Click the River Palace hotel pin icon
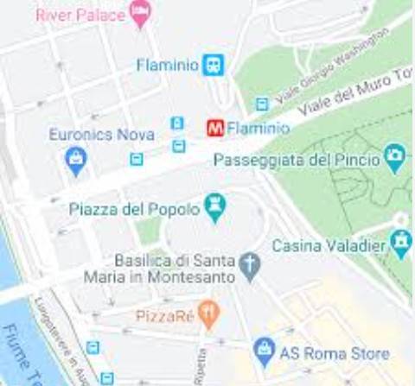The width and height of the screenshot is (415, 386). [139, 12]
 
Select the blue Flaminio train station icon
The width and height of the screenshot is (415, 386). [213, 64]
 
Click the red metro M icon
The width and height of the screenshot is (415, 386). [215, 128]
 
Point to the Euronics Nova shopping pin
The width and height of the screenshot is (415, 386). [76, 159]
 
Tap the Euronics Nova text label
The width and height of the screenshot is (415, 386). [101, 135]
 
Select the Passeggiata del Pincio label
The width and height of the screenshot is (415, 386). [297, 160]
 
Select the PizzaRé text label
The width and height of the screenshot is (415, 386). [164, 316]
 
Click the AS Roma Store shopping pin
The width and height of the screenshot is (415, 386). [264, 351]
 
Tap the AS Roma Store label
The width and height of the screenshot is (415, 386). [334, 354]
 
